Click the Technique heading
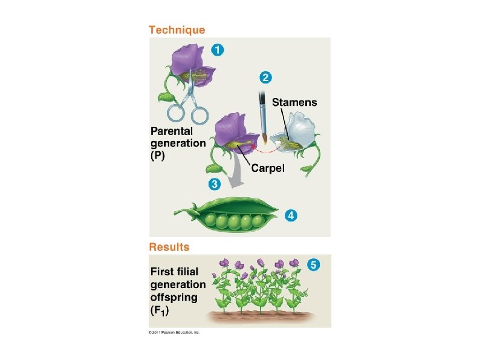(x=177, y=30)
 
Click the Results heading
(x=169, y=246)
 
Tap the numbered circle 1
(x=216, y=51)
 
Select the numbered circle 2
(x=265, y=77)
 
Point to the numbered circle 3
(x=214, y=183)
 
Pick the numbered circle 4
(x=292, y=214)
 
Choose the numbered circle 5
(x=313, y=264)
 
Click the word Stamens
(x=294, y=102)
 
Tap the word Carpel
(x=268, y=168)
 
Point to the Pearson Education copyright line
(x=174, y=333)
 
